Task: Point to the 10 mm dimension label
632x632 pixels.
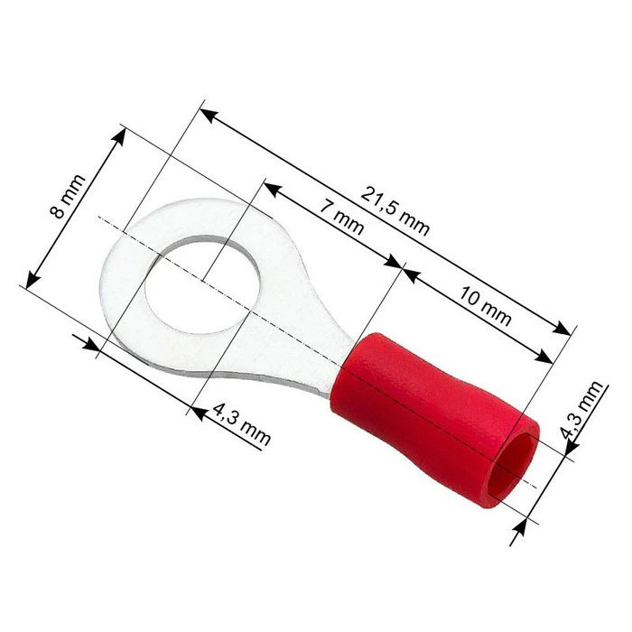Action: pyautogui.click(x=485, y=305)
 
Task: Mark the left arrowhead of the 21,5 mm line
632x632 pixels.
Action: pyautogui.click(x=206, y=113)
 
